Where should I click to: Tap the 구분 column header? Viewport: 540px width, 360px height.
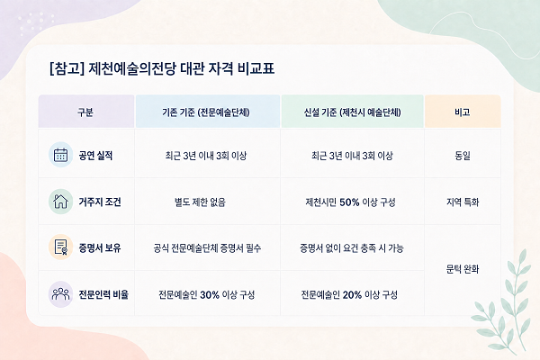pyautogui.click(x=85, y=112)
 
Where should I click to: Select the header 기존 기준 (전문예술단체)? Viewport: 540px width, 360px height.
pyautogui.click(x=206, y=112)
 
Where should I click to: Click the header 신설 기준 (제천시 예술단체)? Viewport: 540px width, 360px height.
pyautogui.click(x=352, y=112)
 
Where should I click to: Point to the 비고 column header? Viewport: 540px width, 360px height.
pyautogui.click(x=463, y=112)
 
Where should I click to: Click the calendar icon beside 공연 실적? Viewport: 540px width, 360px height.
pyautogui.click(x=60, y=155)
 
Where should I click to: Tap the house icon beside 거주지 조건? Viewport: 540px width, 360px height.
pyautogui.click(x=60, y=202)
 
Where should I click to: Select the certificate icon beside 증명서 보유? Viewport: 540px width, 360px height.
pyautogui.click(x=60, y=247)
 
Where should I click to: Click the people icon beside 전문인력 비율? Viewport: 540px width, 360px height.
pyautogui.click(x=60, y=294)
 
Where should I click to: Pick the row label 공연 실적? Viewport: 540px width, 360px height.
pyautogui.click(x=95, y=156)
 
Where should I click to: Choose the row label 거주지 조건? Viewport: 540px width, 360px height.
pyautogui.click(x=100, y=202)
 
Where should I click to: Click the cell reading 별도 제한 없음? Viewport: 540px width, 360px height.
pyautogui.click(x=200, y=202)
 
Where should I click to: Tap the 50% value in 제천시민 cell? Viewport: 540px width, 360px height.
pyautogui.click(x=349, y=202)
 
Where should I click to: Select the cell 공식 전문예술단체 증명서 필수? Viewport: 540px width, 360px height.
pyautogui.click(x=207, y=248)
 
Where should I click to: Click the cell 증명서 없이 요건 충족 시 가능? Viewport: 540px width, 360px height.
pyautogui.click(x=352, y=248)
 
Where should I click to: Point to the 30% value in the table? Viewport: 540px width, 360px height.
pyautogui.click(x=210, y=295)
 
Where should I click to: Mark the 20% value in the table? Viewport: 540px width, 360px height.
pyautogui.click(x=352, y=295)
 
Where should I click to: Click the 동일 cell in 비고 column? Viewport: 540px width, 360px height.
pyautogui.click(x=463, y=156)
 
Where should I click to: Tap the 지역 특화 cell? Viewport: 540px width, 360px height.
pyautogui.click(x=463, y=202)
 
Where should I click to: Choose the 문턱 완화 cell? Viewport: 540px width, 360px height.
pyautogui.click(x=463, y=269)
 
